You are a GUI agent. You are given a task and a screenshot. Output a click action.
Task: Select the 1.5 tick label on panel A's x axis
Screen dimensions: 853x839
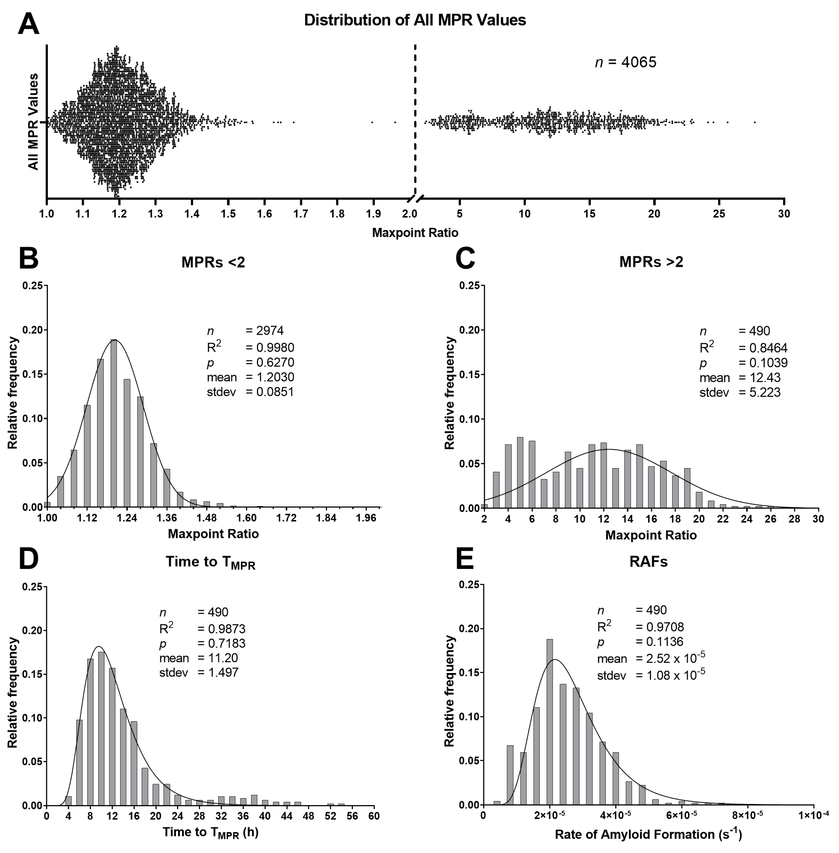click(x=228, y=214)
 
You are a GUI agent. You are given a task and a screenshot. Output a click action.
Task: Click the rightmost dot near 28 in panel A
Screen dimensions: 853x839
click(x=755, y=122)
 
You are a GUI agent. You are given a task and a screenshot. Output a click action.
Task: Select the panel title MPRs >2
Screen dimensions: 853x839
click(x=651, y=262)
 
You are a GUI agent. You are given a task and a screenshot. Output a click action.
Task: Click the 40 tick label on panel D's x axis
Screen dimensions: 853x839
click(x=265, y=816)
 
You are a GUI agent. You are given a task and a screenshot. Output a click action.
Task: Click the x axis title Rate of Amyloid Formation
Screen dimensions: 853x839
click(x=648, y=834)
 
